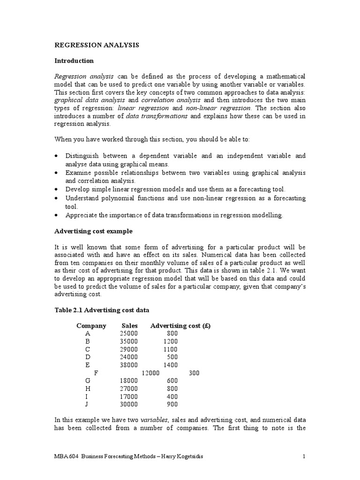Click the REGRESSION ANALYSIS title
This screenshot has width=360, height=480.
coord(97,45)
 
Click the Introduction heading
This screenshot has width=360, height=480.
coord(74,61)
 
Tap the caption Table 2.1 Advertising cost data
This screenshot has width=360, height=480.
coord(102,310)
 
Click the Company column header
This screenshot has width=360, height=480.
coord(91,326)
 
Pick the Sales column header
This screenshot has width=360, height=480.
coord(129,326)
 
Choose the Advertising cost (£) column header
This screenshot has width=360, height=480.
coord(180,326)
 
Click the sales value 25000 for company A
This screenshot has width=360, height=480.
coord(129,334)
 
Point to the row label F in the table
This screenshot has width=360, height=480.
coord(97,373)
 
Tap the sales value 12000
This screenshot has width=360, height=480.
coord(151,373)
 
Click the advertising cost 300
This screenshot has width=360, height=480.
coord(194,373)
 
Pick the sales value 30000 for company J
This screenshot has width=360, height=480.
coord(129,404)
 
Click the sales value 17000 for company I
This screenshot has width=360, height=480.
coord(129,396)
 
